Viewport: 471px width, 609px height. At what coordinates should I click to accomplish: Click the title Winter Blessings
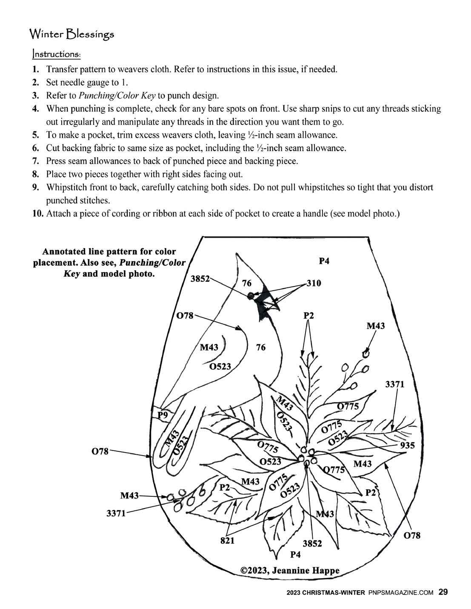pyautogui.click(x=71, y=34)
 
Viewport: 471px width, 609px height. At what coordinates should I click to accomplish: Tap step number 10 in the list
pyautogui.click(x=38, y=214)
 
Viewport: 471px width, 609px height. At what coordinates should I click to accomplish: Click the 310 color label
pyautogui.click(x=314, y=283)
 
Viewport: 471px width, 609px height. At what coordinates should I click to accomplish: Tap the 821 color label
pyautogui.click(x=228, y=541)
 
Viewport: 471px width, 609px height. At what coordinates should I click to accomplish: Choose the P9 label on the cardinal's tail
pyautogui.click(x=163, y=415)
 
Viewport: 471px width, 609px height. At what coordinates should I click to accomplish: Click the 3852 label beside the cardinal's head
pyautogui.click(x=200, y=279)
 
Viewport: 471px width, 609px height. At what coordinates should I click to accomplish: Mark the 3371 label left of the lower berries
pyautogui.click(x=116, y=513)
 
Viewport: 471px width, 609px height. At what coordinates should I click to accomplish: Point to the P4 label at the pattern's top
pyautogui.click(x=324, y=261)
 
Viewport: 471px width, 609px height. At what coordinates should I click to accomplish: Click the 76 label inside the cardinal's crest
pyautogui.click(x=247, y=283)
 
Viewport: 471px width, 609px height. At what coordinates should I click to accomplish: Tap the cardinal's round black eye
pyautogui.click(x=251, y=295)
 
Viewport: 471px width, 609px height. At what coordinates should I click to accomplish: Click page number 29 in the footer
pyautogui.click(x=443, y=592)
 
